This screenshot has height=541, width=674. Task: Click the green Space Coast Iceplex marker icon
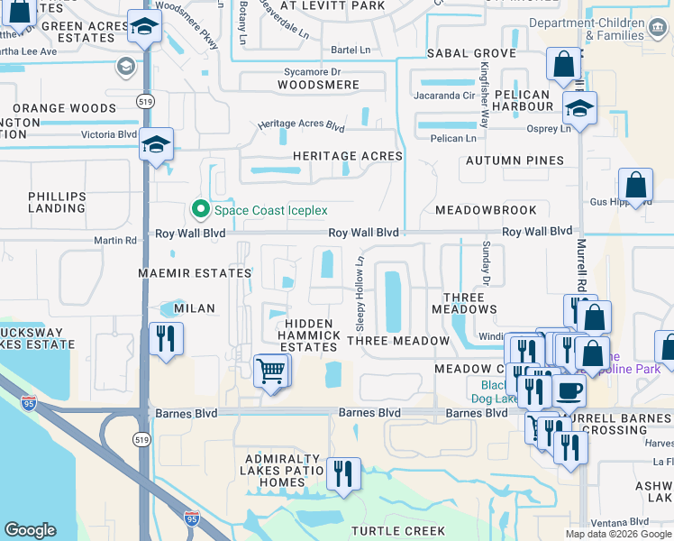coord(202,210)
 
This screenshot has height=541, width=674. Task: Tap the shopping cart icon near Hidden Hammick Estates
coord(272,370)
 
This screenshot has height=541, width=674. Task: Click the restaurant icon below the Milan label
coord(165,339)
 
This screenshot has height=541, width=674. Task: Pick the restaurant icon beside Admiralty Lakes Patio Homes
coord(343,473)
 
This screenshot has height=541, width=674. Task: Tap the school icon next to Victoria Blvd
coord(156,144)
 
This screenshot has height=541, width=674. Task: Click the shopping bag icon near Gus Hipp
coord(635,186)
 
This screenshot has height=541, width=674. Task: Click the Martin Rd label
coord(115,241)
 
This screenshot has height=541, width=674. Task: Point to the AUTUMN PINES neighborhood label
coord(515,160)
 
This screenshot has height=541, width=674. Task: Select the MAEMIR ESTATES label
coord(194,272)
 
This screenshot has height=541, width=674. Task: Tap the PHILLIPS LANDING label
coord(57,203)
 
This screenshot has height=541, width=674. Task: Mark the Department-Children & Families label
coord(600,29)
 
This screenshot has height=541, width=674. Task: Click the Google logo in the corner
coord(31,529)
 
